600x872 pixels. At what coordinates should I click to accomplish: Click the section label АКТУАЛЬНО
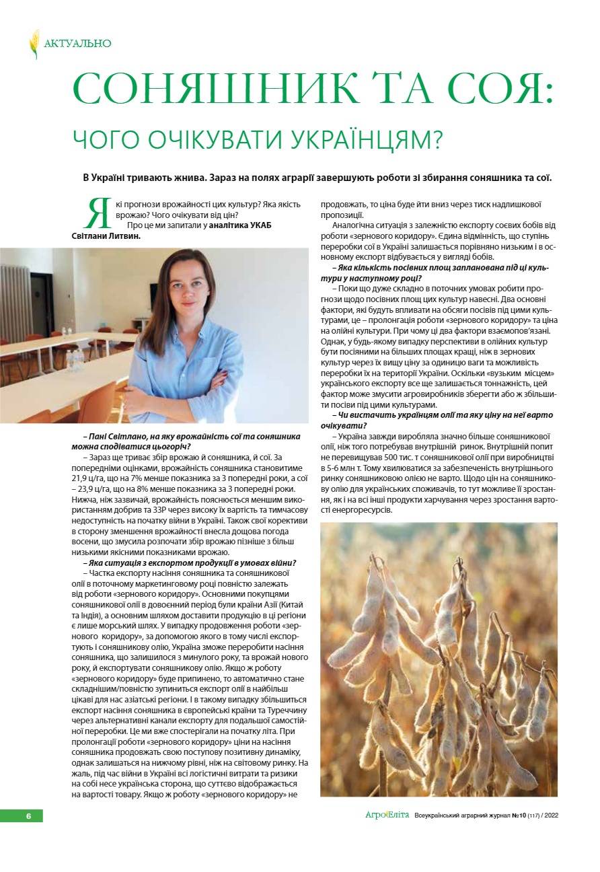pos(77,44)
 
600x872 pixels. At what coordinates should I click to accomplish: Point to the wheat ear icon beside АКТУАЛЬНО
pos(34,44)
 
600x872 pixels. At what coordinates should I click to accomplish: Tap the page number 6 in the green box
pos(28,816)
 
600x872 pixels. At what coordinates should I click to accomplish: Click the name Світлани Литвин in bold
pos(107,236)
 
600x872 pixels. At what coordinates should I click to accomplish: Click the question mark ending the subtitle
pos(437,139)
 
